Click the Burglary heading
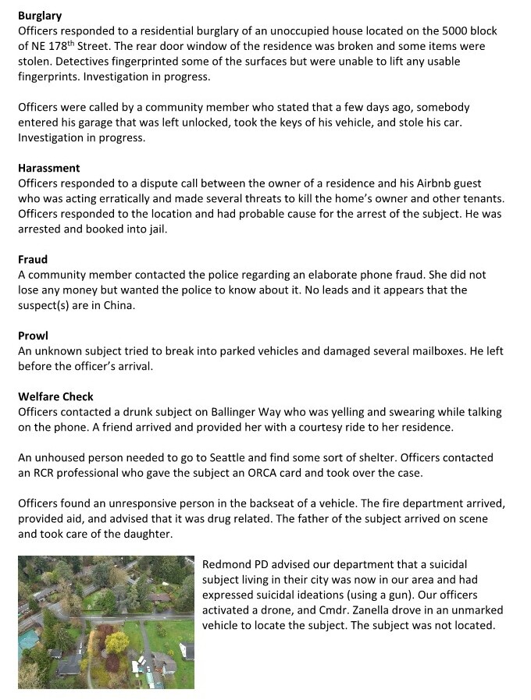40,16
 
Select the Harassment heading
49,168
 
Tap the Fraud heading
33,259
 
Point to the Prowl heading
33,336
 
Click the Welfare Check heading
55,396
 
